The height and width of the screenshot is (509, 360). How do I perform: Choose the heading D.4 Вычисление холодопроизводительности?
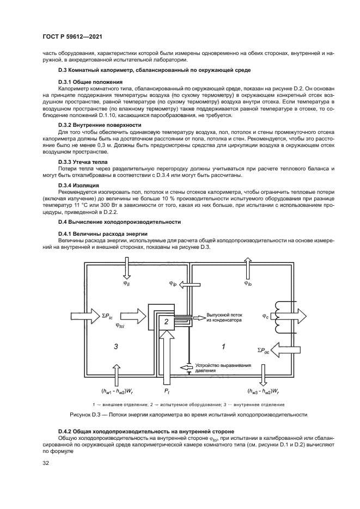(x=119, y=222)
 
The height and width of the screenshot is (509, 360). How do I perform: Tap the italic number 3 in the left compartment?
(x=114, y=346)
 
